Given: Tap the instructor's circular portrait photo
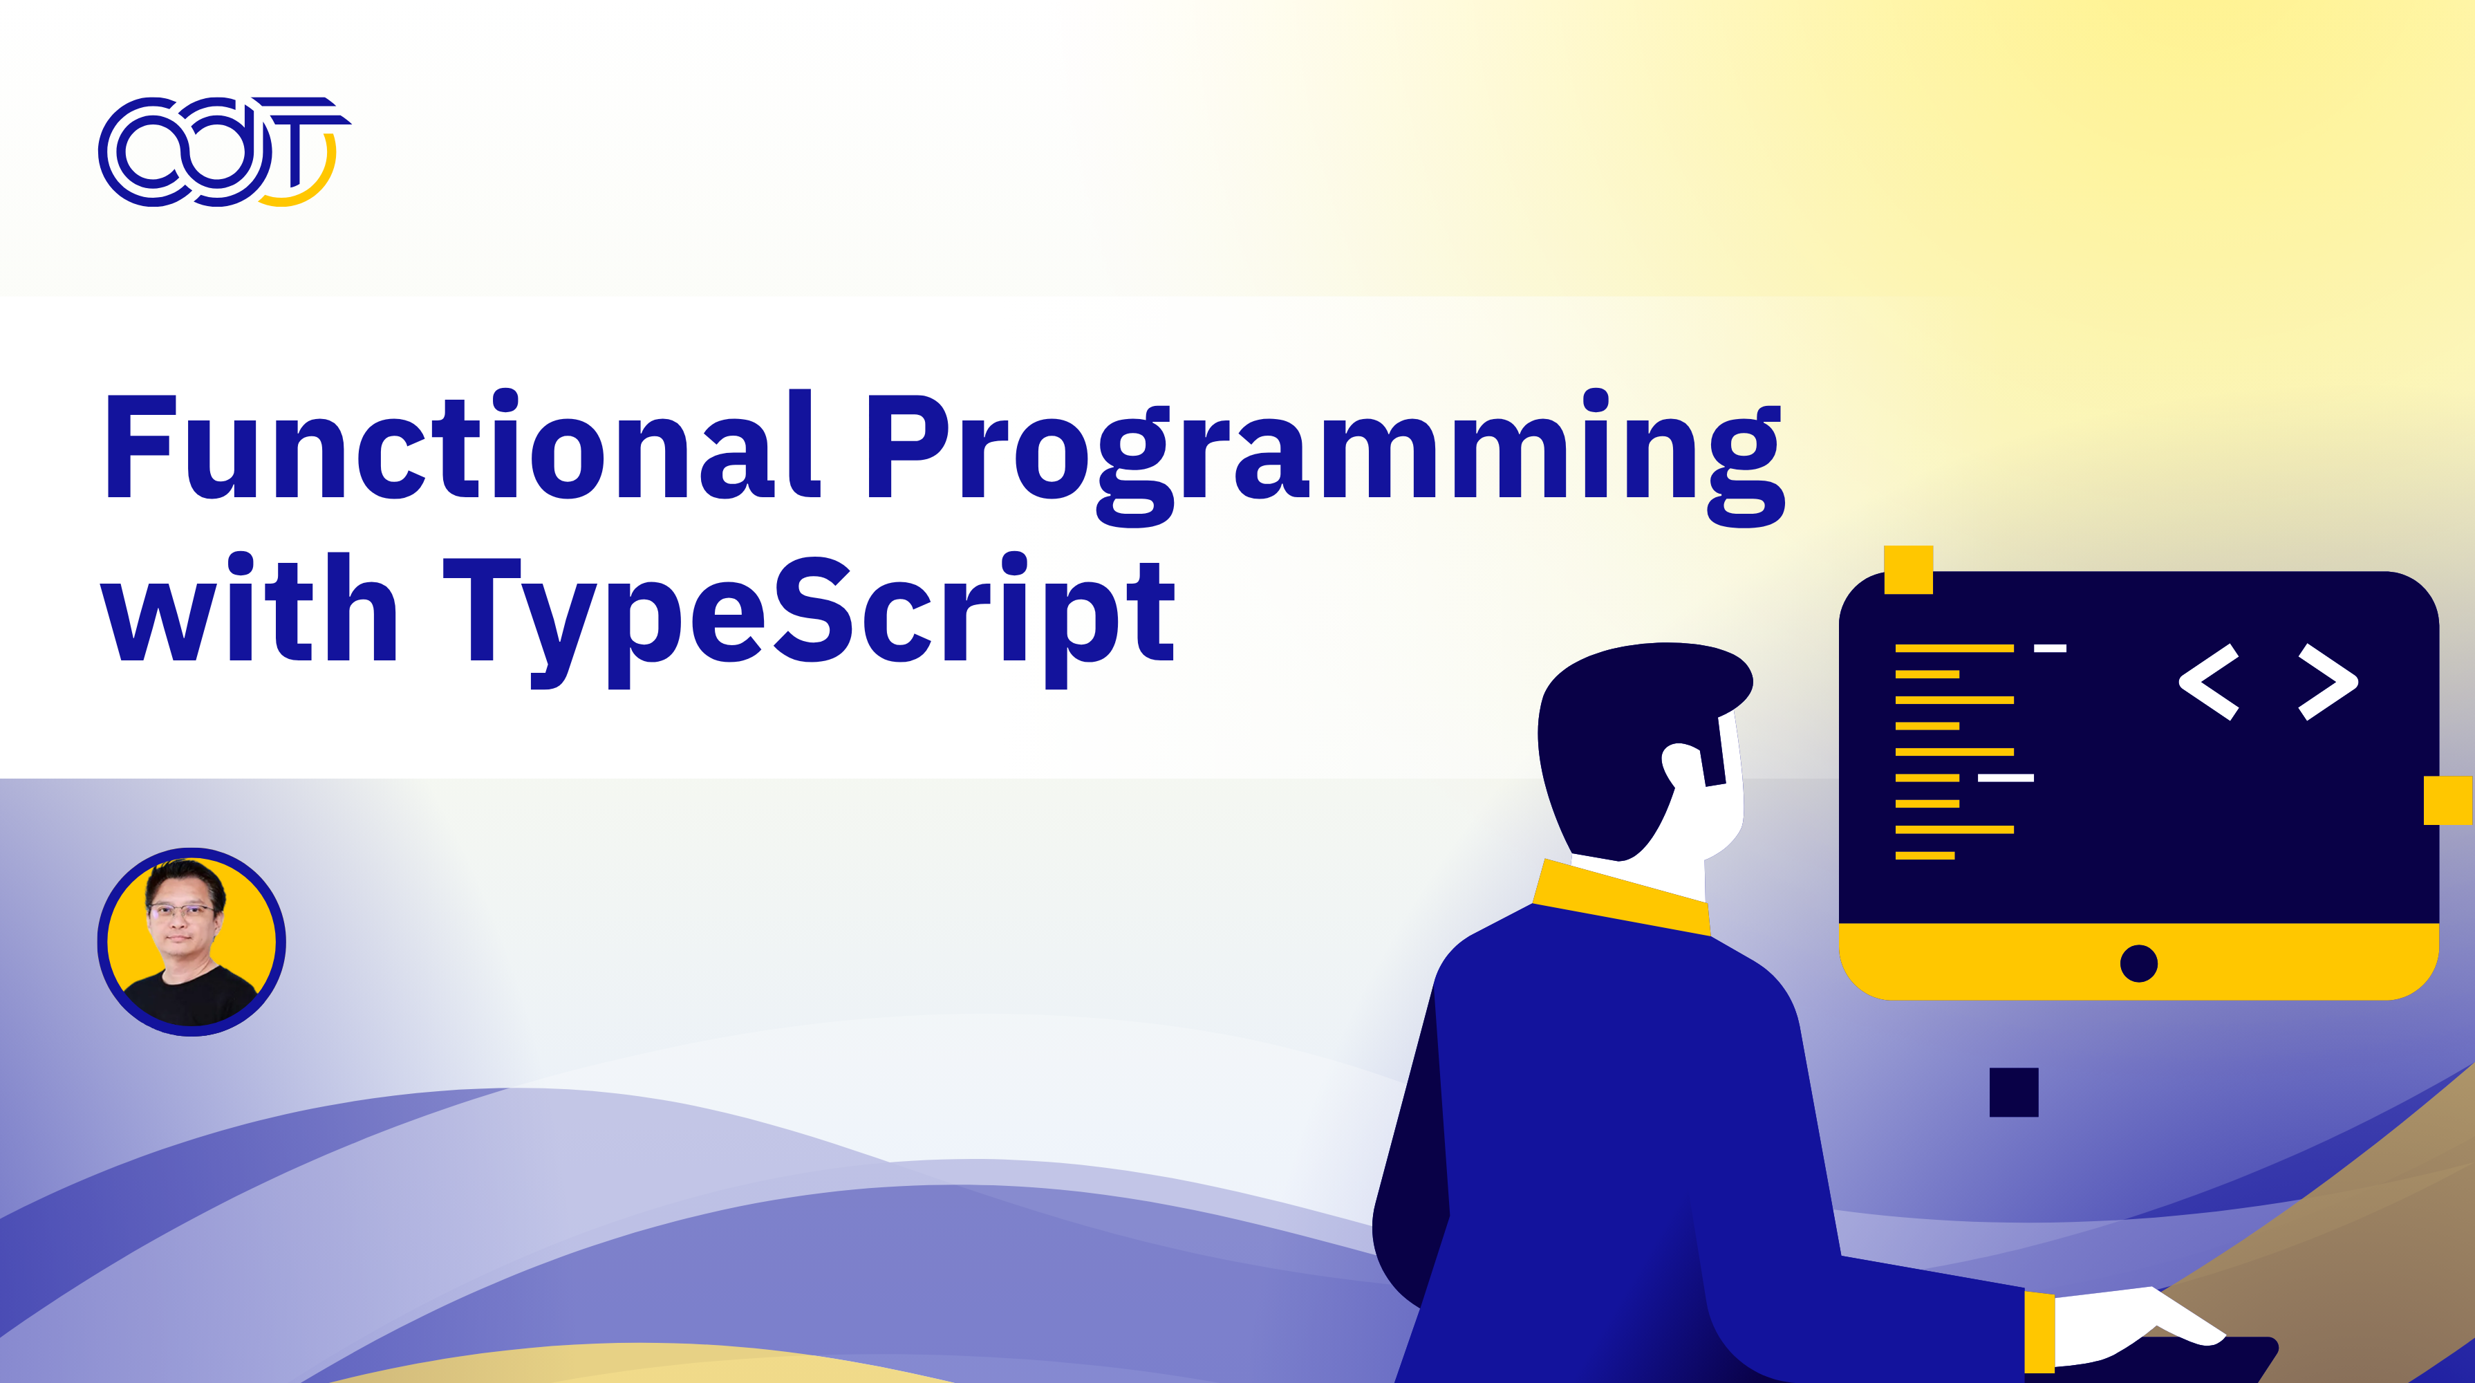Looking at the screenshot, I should click(192, 942).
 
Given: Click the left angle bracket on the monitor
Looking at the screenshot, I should click(2209, 683).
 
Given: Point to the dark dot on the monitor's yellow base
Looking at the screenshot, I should click(2139, 963).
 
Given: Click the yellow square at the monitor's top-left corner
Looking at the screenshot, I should click(1908, 570).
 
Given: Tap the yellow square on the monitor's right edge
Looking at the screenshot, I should click(2447, 801).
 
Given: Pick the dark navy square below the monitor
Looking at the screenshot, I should click(2014, 1092).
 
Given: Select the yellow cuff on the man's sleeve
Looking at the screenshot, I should click(2039, 1330).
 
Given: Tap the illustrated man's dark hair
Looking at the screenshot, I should click(1624, 730).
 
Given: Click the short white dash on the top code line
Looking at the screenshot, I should click(2049, 649).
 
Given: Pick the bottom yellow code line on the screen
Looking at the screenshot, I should click(1925, 855).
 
